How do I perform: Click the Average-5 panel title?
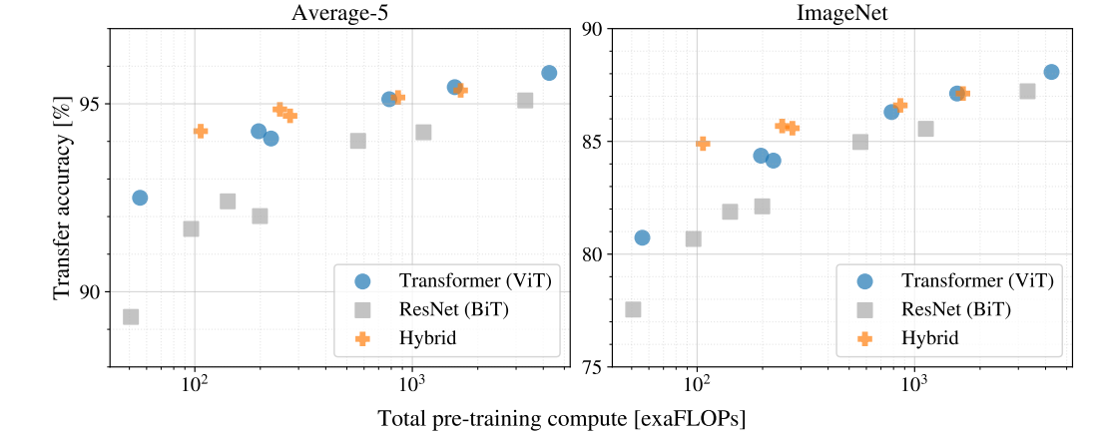(x=340, y=13)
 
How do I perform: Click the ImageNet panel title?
(x=842, y=13)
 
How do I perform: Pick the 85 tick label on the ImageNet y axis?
(x=591, y=142)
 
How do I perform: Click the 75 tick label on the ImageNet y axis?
(x=591, y=367)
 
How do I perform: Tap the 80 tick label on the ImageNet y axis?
(x=591, y=254)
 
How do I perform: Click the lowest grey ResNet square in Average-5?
(x=131, y=317)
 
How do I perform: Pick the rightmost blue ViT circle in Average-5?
(x=549, y=73)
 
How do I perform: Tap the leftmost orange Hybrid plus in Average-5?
(x=201, y=131)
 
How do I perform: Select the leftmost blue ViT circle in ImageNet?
(x=642, y=237)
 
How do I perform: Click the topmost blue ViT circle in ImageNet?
(x=1051, y=72)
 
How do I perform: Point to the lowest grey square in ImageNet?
(x=633, y=309)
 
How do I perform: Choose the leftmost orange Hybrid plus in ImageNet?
(x=703, y=144)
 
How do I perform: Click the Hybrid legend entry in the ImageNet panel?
(x=929, y=338)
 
